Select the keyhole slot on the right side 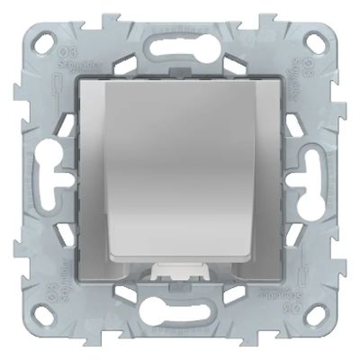click(314, 166)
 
